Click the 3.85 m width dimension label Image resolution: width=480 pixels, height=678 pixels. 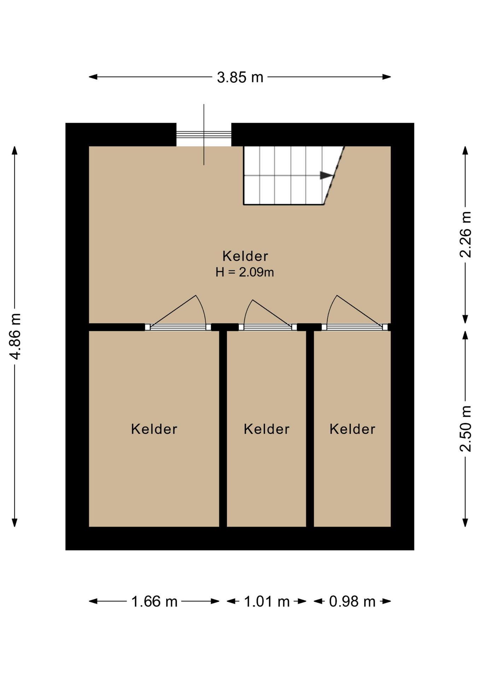pos(240,77)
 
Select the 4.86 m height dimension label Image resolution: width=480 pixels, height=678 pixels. pos(16,336)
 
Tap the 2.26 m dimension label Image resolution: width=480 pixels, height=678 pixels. pos(465,235)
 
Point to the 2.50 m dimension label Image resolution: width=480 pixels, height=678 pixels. pos(465,429)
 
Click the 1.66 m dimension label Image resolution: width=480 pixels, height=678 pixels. pos(154,601)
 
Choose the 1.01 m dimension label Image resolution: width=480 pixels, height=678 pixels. pos(267,601)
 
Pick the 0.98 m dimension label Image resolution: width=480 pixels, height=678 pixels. pos(352,601)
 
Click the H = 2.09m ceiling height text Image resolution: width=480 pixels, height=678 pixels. pos(245,272)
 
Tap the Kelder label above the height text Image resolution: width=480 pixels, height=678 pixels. pos(245,256)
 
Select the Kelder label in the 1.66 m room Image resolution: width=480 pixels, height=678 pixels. pos(154,429)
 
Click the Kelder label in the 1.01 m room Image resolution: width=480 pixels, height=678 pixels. pos(267,429)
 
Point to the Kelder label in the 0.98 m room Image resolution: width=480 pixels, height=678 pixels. pos(352,429)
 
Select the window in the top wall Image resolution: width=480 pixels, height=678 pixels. pos(204,135)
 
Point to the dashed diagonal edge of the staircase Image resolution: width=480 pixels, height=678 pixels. pos(334,175)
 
